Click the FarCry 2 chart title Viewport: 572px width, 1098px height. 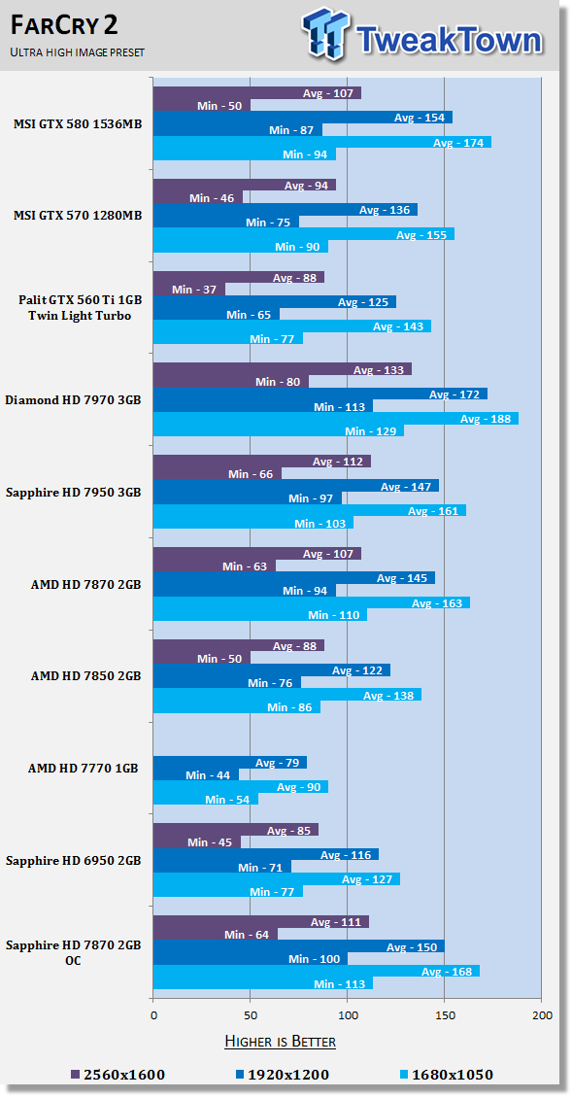pos(64,26)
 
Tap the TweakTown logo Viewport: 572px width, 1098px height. pos(422,34)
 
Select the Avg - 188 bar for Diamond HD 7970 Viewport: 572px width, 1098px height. pos(336,419)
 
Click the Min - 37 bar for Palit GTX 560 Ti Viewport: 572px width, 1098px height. pos(189,290)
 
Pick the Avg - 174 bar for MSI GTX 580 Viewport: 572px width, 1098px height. pos(322,142)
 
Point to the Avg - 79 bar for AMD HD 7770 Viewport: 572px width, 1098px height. pos(229,763)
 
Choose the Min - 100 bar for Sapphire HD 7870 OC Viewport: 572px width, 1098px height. pos(251,959)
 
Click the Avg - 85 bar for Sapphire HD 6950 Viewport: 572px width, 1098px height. pos(236,830)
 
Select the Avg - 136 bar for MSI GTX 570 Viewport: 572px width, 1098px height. pos(286,209)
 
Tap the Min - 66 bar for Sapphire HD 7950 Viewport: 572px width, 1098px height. pos(217,474)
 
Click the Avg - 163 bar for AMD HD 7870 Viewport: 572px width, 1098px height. pos(312,602)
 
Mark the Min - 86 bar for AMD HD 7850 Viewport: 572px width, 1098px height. pos(237,707)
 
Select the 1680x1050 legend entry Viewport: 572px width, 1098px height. pos(446,1074)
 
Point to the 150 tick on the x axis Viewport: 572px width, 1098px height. pos(445,1014)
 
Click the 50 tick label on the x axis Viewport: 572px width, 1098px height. pos(251,1014)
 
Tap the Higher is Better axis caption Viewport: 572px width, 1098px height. pos(280,1042)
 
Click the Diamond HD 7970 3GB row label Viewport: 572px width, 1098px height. pos(73,400)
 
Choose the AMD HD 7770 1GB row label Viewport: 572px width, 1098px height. pos(83,769)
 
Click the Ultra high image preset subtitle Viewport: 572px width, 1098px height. pos(77,52)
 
